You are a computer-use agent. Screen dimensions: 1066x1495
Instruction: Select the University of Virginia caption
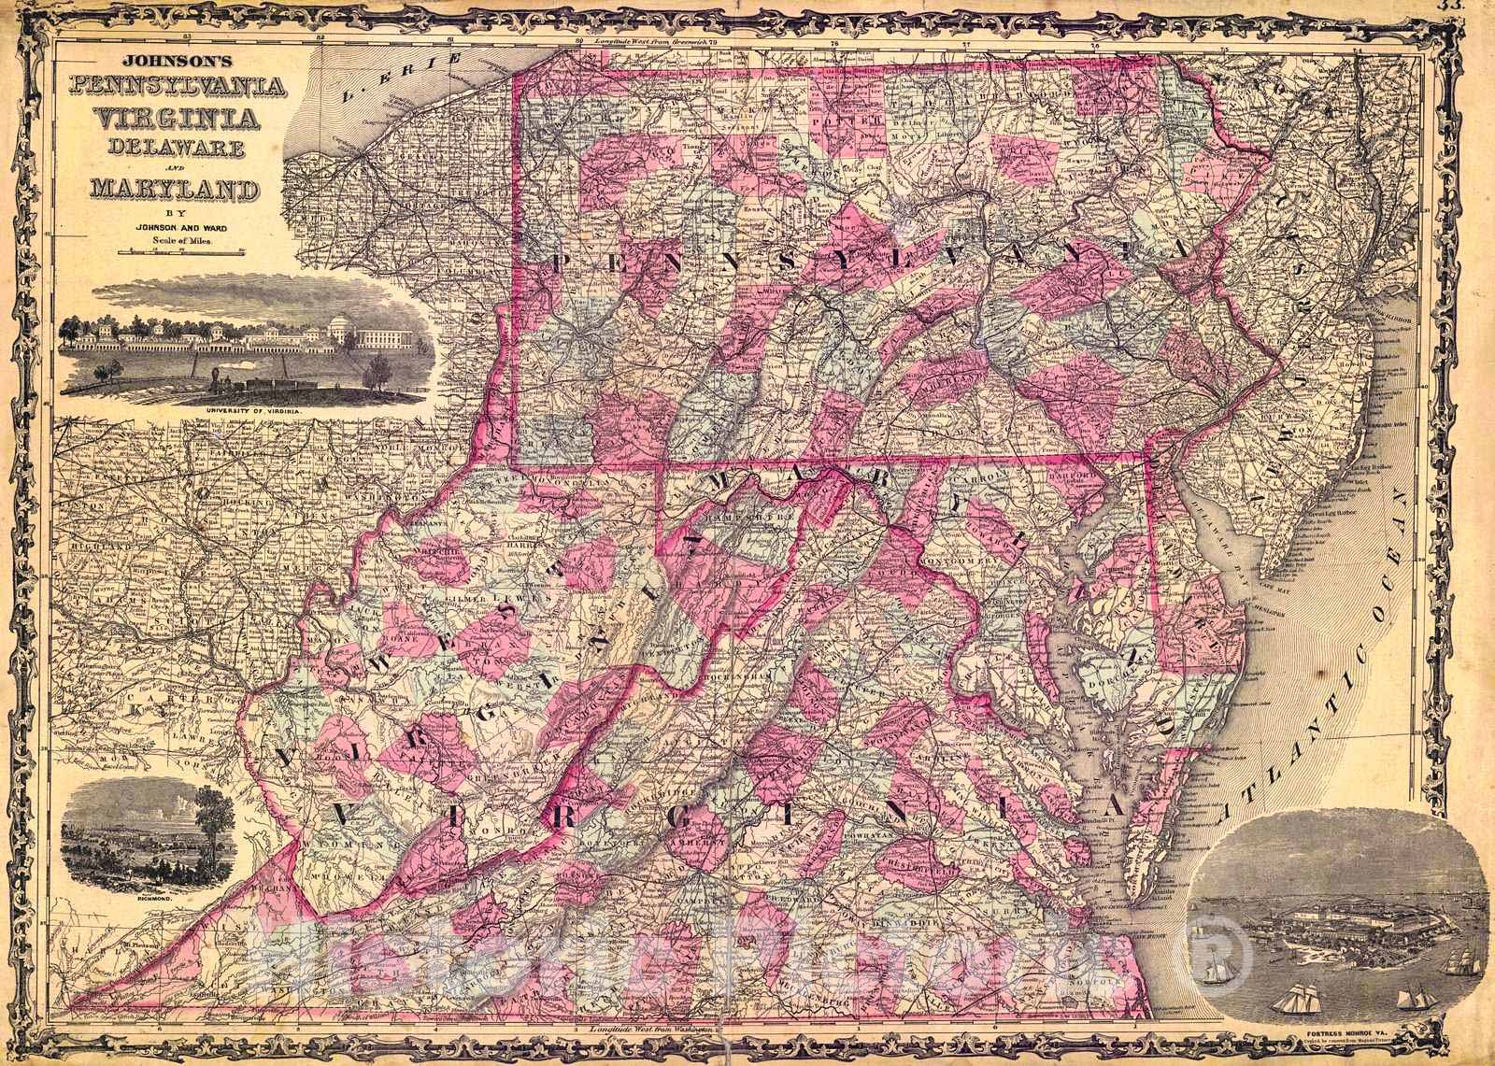[249, 410]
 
